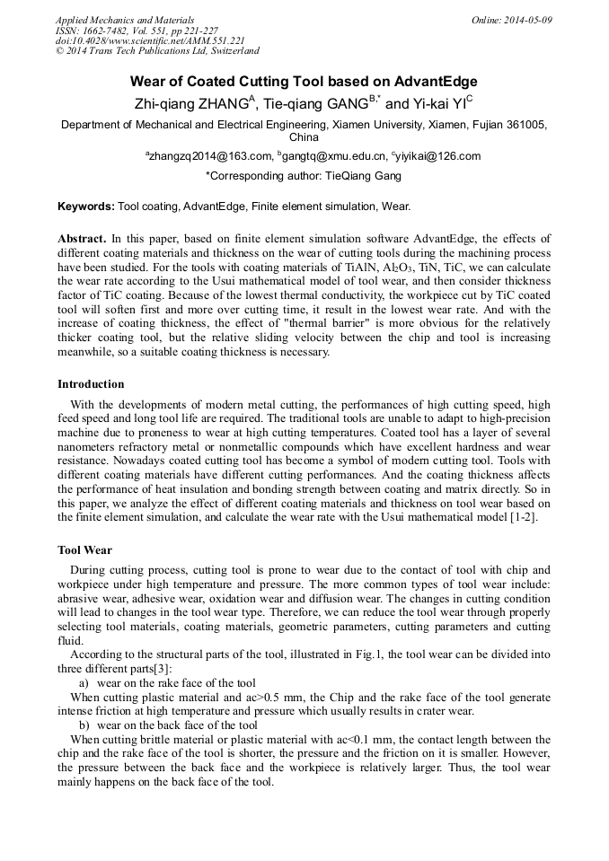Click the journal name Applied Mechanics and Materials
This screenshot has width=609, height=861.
click(125, 20)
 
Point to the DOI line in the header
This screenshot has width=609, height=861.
click(150, 41)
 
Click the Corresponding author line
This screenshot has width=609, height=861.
click(304, 176)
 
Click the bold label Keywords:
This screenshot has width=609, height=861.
click(86, 206)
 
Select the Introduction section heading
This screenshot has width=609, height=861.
click(91, 383)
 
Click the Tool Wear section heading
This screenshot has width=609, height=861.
click(84, 549)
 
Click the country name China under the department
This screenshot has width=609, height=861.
click(304, 137)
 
